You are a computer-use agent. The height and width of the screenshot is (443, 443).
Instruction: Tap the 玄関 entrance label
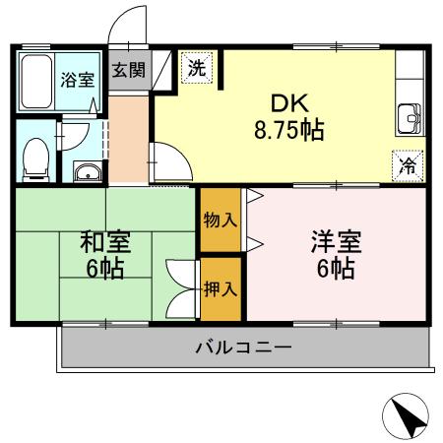pyautogui.click(x=127, y=70)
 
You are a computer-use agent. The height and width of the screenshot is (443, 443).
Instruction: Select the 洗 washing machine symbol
pyautogui.click(x=197, y=69)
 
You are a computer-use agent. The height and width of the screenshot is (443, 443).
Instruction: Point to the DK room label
pyautogui.click(x=286, y=102)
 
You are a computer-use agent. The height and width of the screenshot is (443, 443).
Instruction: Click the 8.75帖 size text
pyautogui.click(x=288, y=129)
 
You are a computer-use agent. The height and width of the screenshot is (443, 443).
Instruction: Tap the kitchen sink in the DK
pyautogui.click(x=411, y=120)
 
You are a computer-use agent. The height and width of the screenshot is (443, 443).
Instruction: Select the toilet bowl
pyautogui.click(x=36, y=156)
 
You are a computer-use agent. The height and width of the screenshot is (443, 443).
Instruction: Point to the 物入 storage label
pyautogui.click(x=221, y=220)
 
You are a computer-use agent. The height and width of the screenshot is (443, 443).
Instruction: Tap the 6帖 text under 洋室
pyautogui.click(x=336, y=269)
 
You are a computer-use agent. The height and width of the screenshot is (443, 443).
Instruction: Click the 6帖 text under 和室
pyautogui.click(x=103, y=269)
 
